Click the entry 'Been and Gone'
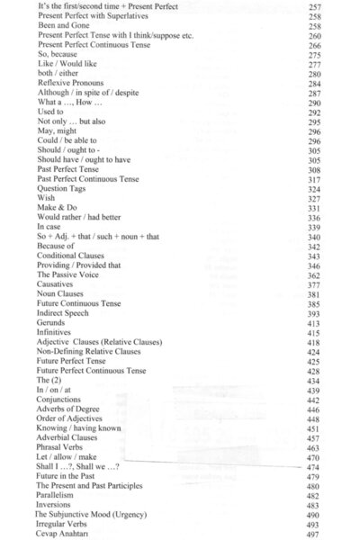[61, 26]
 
